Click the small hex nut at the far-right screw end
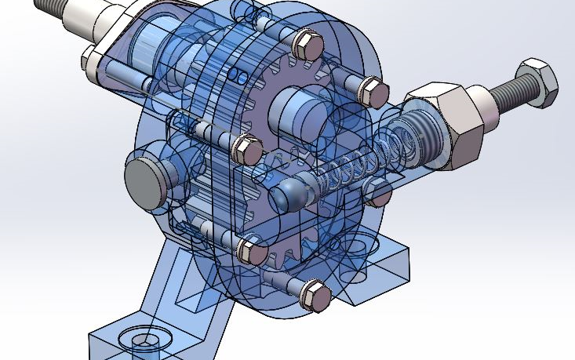[x=540, y=81]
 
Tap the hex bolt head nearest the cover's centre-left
[x=248, y=149]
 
